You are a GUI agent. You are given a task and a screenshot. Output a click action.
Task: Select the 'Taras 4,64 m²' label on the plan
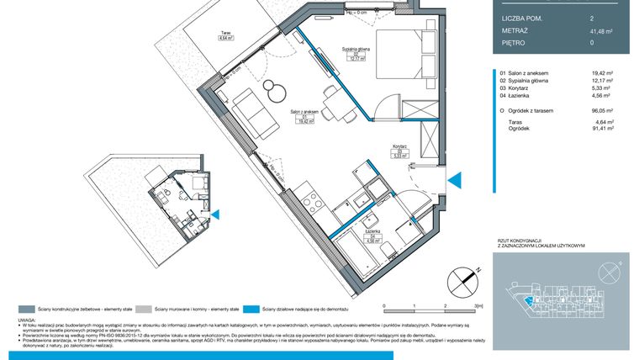(x=225, y=36)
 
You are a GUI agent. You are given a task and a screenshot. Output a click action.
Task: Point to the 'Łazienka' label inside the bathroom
(x=372, y=234)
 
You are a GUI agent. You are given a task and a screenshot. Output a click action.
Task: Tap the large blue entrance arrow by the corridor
(x=454, y=181)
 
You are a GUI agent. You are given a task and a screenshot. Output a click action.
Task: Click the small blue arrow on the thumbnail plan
(x=215, y=215)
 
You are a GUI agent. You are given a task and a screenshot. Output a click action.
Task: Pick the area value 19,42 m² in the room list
(x=601, y=73)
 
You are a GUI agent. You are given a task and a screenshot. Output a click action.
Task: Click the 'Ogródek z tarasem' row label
(x=535, y=110)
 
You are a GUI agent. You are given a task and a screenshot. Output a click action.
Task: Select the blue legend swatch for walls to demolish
(x=252, y=310)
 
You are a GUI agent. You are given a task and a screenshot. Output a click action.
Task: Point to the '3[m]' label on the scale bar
(x=478, y=307)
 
